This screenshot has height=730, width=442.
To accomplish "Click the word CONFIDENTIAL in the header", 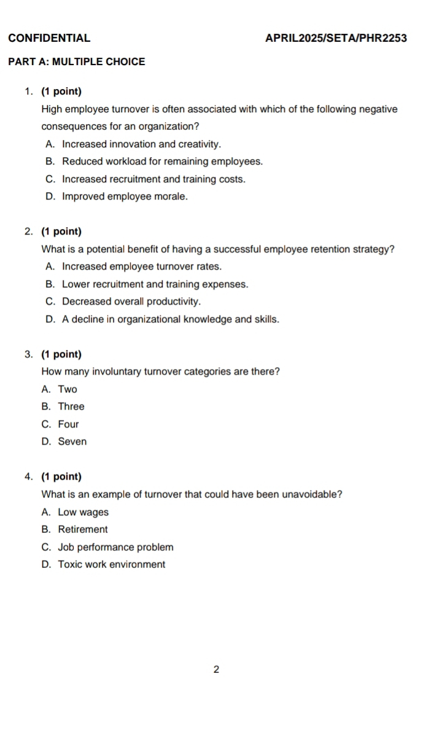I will point(50,38).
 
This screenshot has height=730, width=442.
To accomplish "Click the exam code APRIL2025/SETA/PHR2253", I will point(336,38).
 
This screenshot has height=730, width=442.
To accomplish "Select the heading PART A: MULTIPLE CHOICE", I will point(77,62).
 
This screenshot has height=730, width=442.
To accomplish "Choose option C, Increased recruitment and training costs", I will point(153,179).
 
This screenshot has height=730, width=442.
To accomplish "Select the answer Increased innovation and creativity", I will point(141,144).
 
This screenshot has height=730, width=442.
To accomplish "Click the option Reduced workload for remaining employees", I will point(162,162).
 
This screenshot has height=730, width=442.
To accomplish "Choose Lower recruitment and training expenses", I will point(155,284).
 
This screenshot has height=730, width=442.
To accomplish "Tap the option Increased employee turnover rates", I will point(142,266).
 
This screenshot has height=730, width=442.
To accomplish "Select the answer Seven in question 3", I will point(72,441).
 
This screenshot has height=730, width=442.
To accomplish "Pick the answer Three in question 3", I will point(71,406).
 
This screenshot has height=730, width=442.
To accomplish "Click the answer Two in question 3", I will point(68,389).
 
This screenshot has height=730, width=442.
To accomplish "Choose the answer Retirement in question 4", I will point(83,529).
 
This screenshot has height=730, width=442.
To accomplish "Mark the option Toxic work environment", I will point(111,565).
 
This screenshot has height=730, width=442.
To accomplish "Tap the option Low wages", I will point(83,512).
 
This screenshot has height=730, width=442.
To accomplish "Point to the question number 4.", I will point(29,477).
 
